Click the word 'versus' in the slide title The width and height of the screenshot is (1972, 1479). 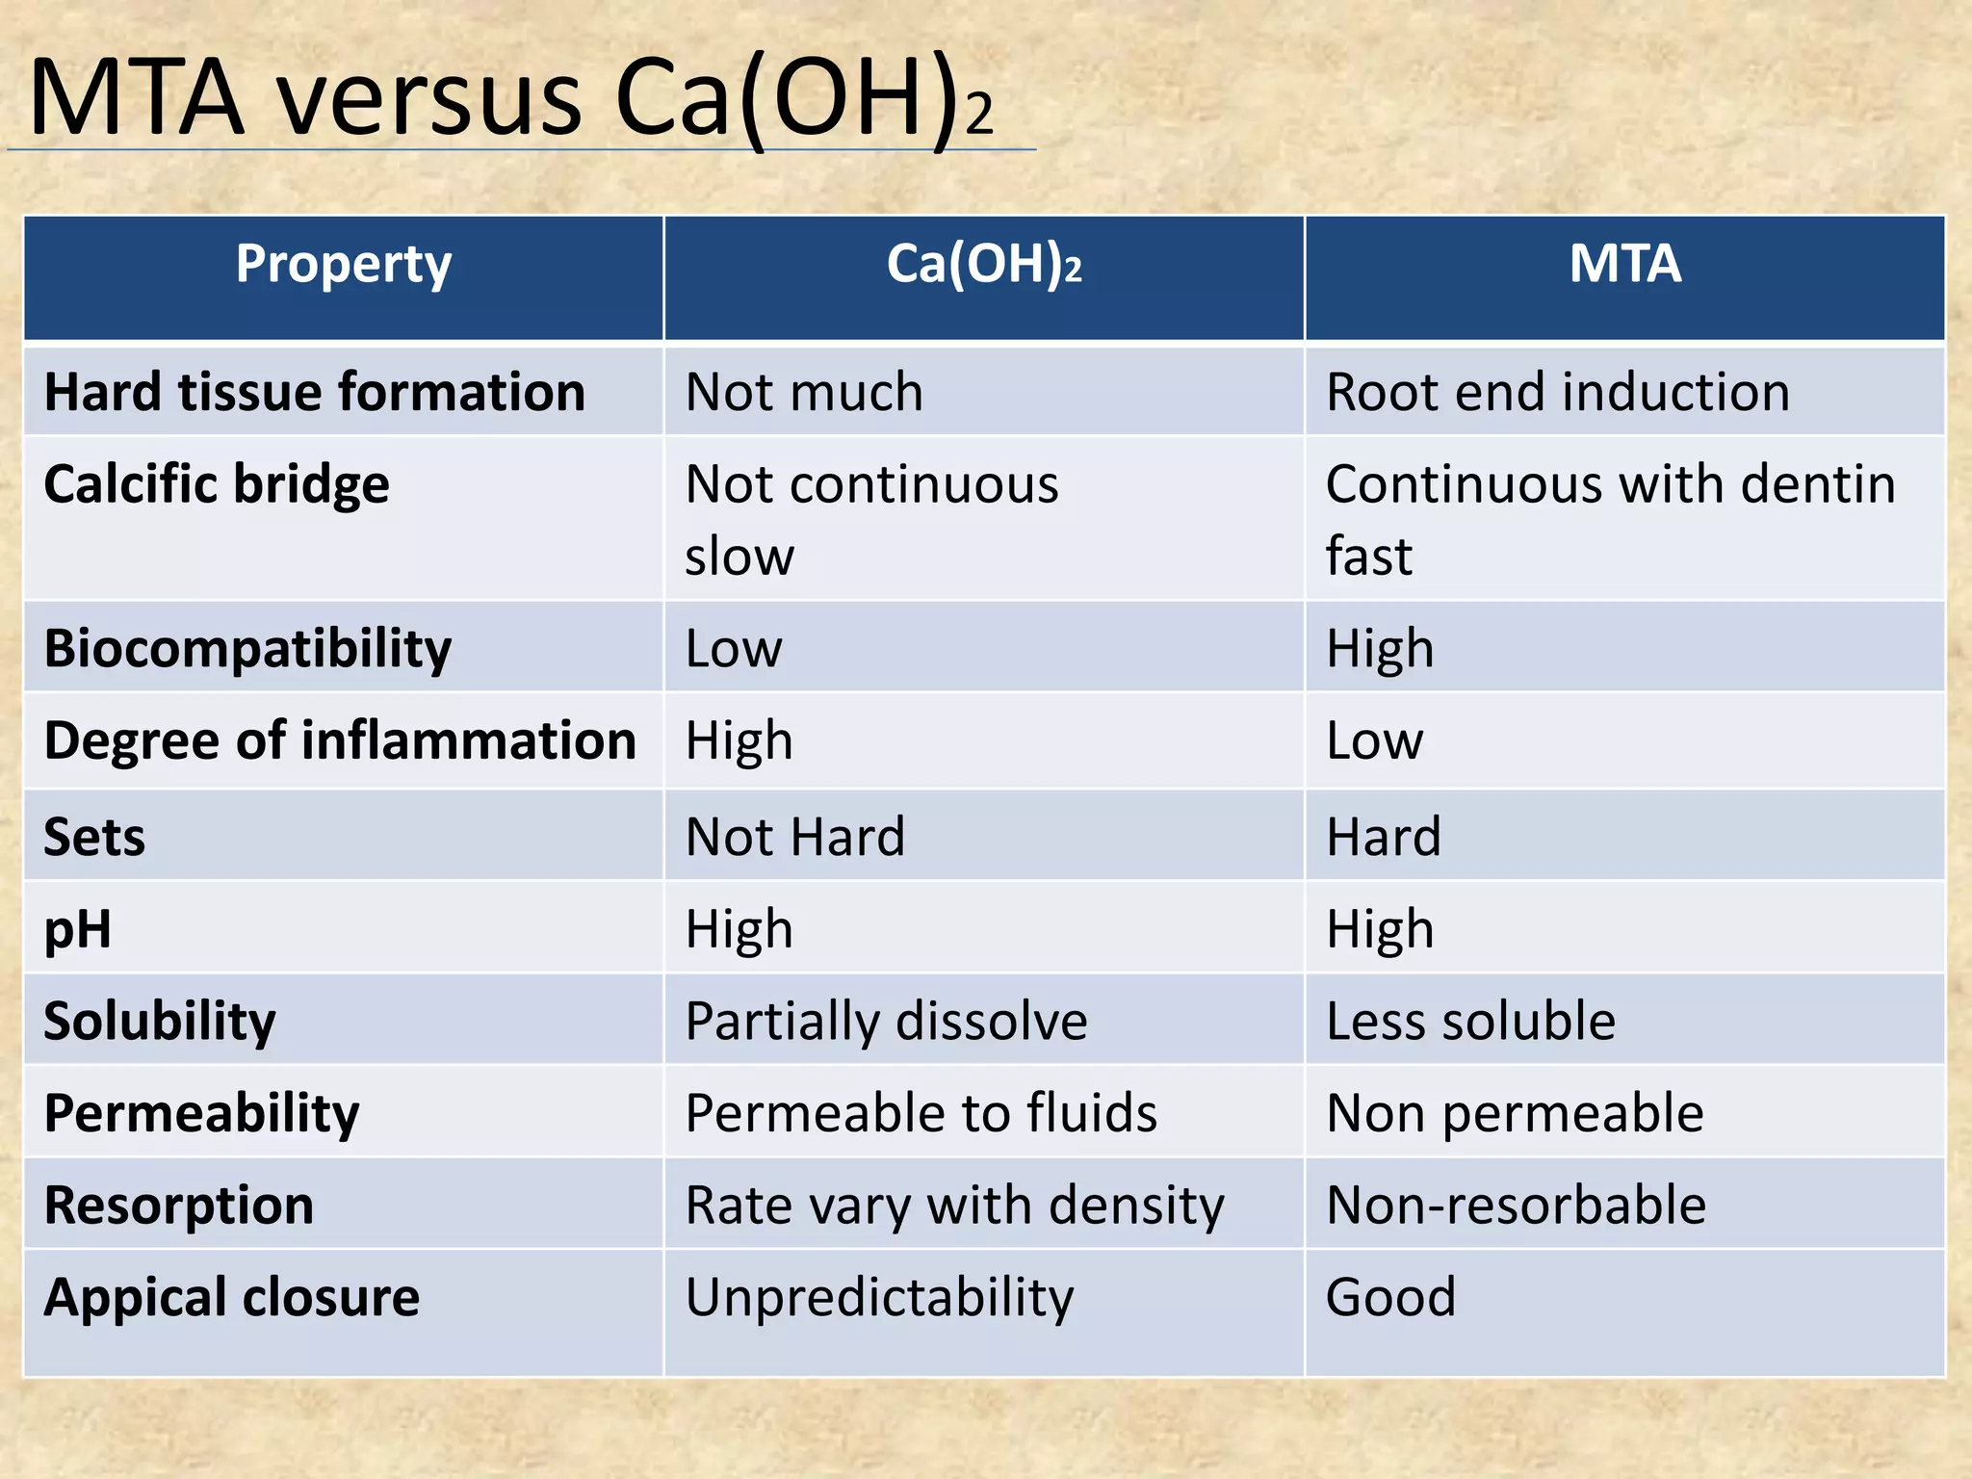(430, 98)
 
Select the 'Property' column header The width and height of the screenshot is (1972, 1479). (344, 264)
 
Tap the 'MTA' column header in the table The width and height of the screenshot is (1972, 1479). (1625, 264)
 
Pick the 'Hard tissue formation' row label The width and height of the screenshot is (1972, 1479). (315, 392)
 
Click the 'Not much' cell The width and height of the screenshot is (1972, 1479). (804, 392)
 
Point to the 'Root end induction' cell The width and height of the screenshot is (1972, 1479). (1558, 392)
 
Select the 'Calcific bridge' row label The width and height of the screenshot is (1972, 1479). (217, 483)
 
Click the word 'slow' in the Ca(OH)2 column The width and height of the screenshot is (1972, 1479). (739, 557)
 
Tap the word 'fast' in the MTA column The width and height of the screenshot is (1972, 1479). (1369, 557)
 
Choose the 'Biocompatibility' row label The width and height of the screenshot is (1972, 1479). (247, 648)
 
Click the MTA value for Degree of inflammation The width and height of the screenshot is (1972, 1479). (1374, 740)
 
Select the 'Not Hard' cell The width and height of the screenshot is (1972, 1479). (795, 836)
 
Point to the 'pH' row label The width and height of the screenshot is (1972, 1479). (78, 930)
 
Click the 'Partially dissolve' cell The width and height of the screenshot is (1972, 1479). (886, 1021)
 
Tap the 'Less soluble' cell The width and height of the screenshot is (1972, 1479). (1470, 1021)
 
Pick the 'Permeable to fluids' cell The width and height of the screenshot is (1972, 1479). (921, 1113)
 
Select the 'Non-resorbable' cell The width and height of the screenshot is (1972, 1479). (1516, 1205)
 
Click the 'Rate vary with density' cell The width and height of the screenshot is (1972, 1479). (954, 1205)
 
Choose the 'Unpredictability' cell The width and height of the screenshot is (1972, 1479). (879, 1297)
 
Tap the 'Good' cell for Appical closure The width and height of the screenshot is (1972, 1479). (1390, 1297)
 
